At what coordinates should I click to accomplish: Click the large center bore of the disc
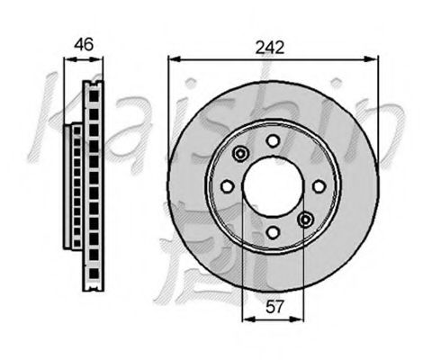point(272,186)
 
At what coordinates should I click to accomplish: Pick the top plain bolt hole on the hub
point(272,140)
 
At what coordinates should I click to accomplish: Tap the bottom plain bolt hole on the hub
point(272,233)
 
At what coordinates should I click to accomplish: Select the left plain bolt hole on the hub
point(227,186)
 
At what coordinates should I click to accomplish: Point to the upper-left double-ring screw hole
point(239,155)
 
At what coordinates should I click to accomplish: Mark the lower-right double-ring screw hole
point(305,219)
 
